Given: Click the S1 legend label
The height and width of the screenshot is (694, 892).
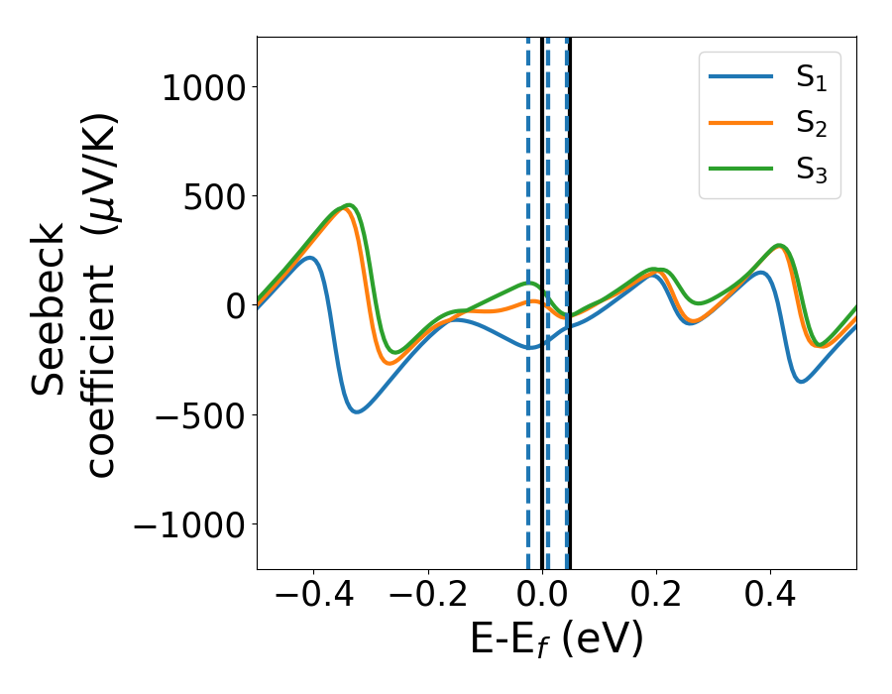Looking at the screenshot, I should [811, 79].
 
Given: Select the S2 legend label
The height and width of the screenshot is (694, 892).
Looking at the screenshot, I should [811, 125].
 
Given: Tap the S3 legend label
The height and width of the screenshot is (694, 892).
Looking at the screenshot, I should [811, 170].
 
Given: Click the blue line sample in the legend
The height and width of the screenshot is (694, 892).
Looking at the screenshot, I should [740, 77].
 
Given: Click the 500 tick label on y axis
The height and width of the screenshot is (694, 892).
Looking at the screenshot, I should [210, 196].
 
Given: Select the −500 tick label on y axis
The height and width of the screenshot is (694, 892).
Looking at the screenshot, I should [196, 414].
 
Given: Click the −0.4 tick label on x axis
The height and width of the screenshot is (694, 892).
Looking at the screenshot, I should [314, 598].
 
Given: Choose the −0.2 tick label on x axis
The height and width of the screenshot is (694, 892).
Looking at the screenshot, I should [428, 598].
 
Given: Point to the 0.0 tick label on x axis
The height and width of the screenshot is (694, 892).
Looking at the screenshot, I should [543, 598].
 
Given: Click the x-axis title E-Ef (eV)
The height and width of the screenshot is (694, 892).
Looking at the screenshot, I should [556, 639].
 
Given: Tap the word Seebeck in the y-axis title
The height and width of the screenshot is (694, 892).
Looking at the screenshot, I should [50, 310].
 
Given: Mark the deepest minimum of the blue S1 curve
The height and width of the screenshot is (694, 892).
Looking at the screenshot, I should [356, 410].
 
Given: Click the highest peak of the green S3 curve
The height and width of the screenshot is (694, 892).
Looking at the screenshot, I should [349, 205].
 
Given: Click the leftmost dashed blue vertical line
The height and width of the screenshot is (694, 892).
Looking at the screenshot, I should [528, 446].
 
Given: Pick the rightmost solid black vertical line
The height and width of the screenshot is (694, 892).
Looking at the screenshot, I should [570, 446].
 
